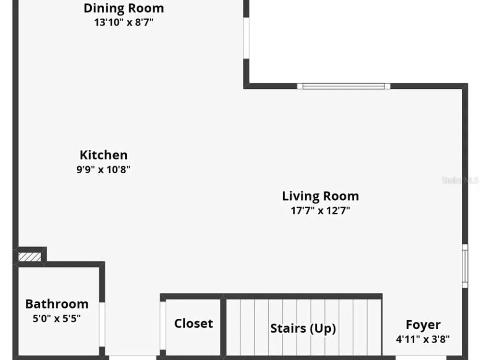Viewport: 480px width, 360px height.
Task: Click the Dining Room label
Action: coord(124,8)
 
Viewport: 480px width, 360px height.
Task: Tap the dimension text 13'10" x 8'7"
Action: coord(124,23)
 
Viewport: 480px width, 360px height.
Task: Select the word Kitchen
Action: coord(104,155)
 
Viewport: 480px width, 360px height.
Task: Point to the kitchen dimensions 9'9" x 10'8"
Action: coord(104,169)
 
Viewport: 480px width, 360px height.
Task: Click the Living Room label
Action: coord(320,196)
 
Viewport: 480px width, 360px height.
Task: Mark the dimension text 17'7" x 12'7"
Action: coord(320,211)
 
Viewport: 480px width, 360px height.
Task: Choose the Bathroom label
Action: coord(57,304)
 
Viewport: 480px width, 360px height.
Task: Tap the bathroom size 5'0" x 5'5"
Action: coord(57,318)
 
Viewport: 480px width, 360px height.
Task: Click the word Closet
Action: coord(193,324)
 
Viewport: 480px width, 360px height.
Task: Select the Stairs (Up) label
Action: coord(303,328)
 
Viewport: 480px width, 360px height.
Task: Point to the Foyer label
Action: coord(423,325)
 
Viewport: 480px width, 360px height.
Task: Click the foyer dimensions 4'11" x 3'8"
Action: coord(423,339)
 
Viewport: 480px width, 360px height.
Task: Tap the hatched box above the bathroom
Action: coord(29,257)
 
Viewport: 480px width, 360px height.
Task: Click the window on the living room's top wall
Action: coord(344,86)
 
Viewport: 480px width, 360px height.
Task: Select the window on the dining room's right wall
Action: coord(246,37)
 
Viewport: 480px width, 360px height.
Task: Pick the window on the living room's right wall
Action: coord(465,266)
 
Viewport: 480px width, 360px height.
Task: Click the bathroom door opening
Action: coord(102,324)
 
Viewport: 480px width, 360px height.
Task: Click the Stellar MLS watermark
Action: coord(460,180)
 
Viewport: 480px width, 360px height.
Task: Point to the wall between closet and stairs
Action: coord(224,326)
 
